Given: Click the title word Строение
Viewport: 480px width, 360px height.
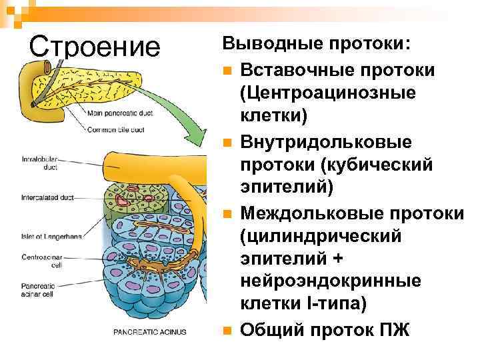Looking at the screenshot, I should (95, 47).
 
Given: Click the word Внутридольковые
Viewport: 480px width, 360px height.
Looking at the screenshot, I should (326, 141).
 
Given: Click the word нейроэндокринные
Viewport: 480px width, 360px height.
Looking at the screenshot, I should (331, 281).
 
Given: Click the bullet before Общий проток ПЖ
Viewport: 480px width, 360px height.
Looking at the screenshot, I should (228, 330).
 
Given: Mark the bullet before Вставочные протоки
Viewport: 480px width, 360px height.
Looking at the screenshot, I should (228, 70).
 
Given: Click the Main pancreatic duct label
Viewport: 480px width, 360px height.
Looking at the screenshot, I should (120, 113).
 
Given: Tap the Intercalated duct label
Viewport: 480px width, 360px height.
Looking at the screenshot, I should (47, 197).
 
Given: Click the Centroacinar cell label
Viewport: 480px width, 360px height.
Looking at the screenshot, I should (41, 261).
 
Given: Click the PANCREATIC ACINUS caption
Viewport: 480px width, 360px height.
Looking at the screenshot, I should (149, 332).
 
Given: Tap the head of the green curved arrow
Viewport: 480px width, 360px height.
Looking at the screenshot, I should (193, 141).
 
